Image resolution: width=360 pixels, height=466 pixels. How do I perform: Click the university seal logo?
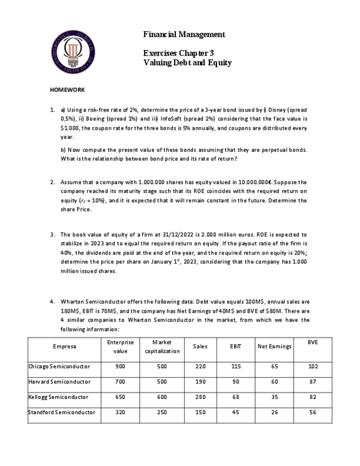74,53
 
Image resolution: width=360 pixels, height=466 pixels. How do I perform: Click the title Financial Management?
184,35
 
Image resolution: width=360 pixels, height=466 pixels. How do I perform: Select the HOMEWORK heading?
67,90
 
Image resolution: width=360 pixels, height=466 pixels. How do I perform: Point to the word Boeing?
94,118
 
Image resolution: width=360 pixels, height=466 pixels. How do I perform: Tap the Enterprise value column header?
120,346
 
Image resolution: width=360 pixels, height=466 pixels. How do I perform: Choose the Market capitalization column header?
162,346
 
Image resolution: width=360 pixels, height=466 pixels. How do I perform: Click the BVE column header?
312,342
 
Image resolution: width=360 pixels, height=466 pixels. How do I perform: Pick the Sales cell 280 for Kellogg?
201,397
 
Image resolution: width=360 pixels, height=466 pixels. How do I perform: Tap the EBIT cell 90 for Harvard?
236,381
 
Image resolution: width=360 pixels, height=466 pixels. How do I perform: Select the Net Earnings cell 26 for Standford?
274,412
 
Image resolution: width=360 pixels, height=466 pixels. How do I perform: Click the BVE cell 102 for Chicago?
312,366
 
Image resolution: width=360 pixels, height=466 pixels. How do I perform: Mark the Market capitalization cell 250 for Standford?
162,412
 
